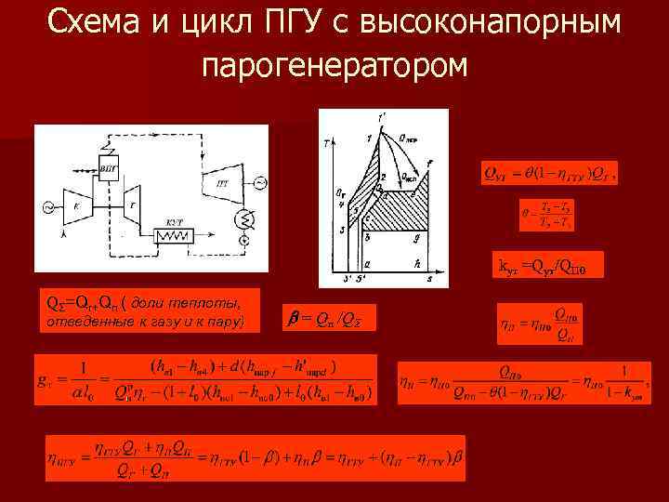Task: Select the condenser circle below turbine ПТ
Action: (243, 220)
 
